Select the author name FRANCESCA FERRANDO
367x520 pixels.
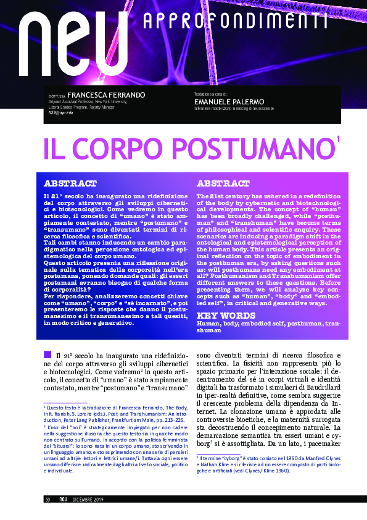tap(106, 94)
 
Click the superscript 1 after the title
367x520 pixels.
tap(339, 141)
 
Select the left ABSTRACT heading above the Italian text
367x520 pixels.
tap(70, 184)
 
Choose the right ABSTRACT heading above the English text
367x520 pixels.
tap(223, 184)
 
